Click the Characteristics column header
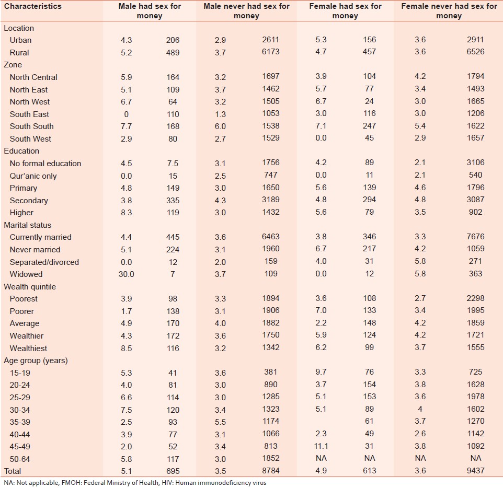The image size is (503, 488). coord(33,6)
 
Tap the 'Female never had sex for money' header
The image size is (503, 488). coord(449,11)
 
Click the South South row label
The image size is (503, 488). coord(31,126)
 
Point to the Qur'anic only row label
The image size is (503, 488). coord(33,176)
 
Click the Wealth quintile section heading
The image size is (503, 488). coord(30,287)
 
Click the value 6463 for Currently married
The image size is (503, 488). coord(271,237)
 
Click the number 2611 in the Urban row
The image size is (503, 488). coord(271,40)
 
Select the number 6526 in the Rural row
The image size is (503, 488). coord(475,52)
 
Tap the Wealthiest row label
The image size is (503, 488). coord(28,348)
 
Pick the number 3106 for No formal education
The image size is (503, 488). coord(475,164)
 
